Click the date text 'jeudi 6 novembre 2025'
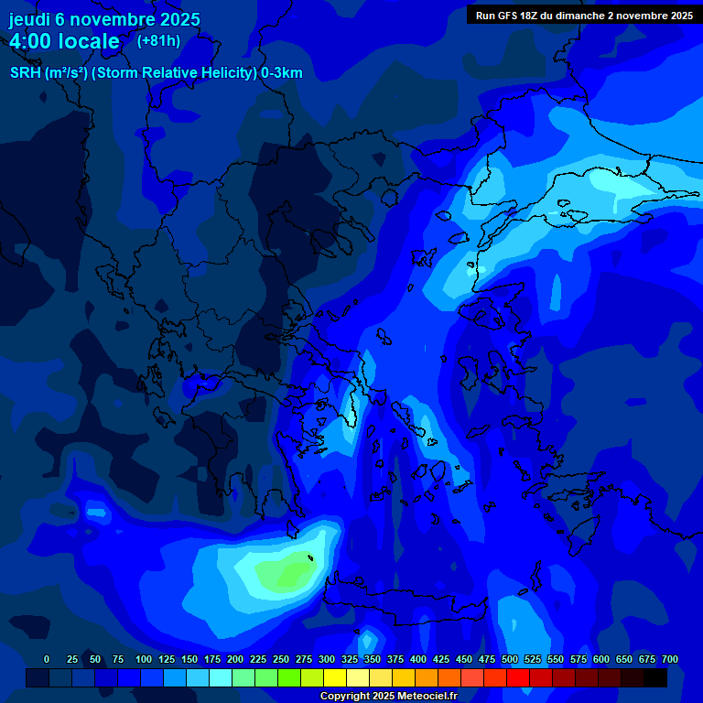tap(104, 19)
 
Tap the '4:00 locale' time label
tap(64, 41)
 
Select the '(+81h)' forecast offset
tap(158, 41)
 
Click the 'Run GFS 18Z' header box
tap(583, 16)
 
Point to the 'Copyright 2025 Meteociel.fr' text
tap(388, 696)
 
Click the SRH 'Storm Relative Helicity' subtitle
tap(157, 73)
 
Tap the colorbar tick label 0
tap(47, 659)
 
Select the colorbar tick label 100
tap(144, 659)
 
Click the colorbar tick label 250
tap(281, 659)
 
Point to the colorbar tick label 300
tap(327, 659)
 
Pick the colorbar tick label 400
tap(418, 659)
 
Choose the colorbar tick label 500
tap(510, 659)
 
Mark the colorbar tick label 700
tap(669, 659)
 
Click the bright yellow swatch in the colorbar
tap(335, 677)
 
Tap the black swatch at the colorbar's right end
tap(655, 677)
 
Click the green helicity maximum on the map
tap(286, 575)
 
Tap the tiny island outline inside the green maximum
tap(310, 558)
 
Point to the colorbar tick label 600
tap(601, 659)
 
